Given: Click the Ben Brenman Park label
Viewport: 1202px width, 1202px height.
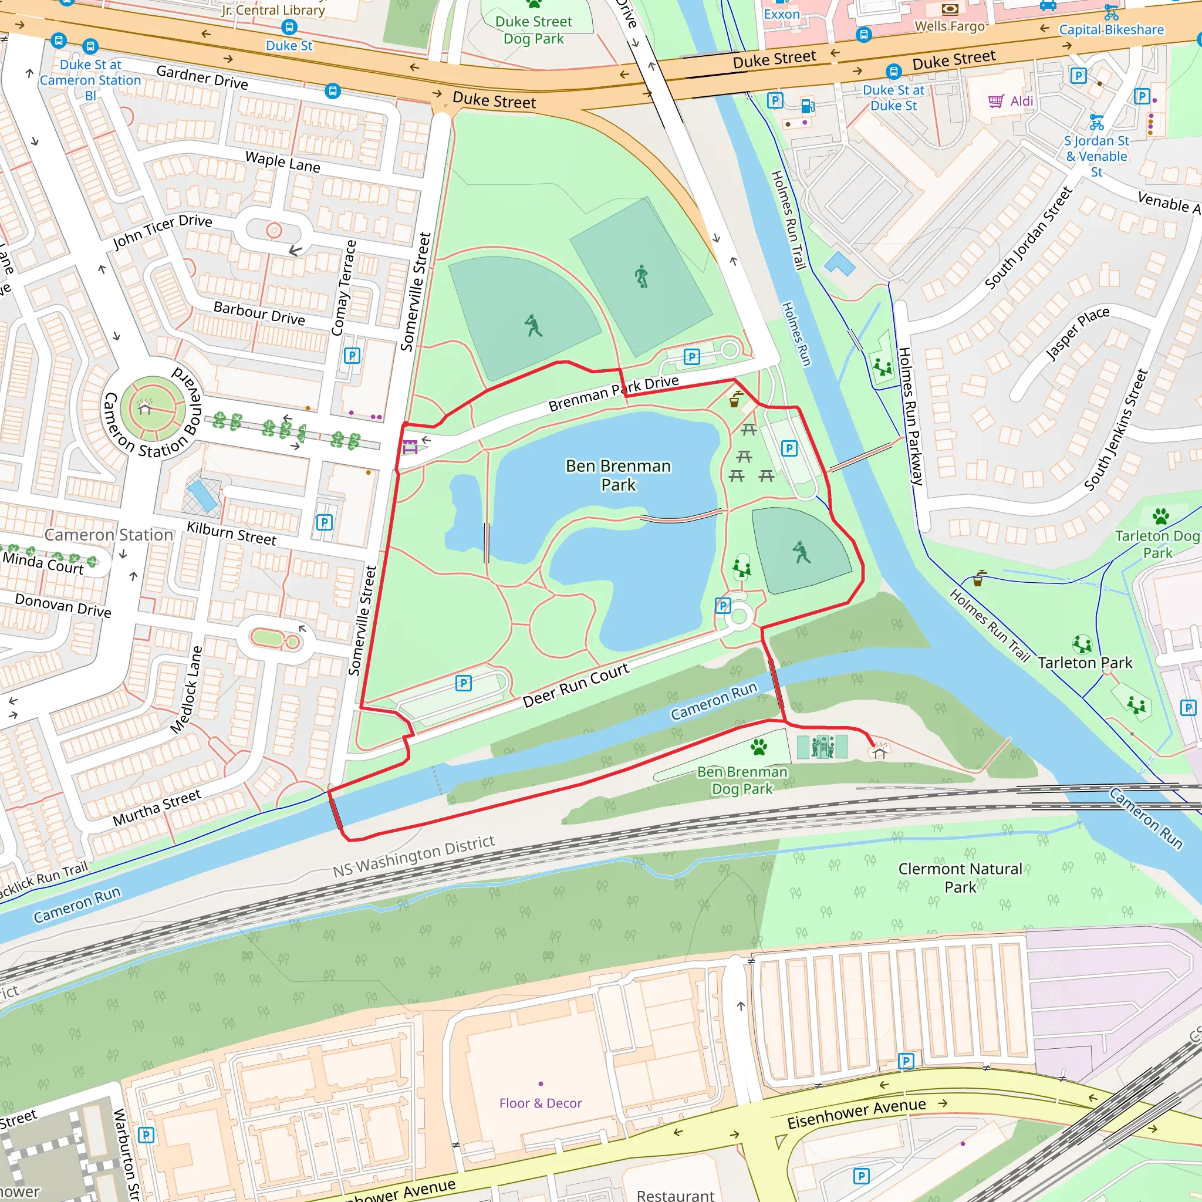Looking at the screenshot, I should pos(618,475).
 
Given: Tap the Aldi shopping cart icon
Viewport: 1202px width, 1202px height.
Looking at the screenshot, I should pos(996,101).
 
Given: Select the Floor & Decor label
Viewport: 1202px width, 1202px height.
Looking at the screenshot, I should pos(540,1103).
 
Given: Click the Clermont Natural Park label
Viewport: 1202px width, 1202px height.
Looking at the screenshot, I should pos(960,877).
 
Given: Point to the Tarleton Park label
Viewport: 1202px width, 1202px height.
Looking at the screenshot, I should pos(1085,663).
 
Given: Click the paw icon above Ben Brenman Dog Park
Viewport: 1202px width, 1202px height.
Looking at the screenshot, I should pos(758,747).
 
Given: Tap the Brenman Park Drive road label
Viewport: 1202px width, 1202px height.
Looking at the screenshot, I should pos(613,393).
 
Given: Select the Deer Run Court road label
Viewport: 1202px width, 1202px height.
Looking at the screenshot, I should pos(576,686).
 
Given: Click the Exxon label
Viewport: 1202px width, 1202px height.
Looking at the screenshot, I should pos(781,13).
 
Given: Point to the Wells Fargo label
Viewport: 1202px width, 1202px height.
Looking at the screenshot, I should pos(950,26).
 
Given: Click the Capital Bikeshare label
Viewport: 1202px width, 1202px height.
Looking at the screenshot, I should pos(1111,29).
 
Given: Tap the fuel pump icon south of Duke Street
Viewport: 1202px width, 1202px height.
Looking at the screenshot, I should pos(808,106).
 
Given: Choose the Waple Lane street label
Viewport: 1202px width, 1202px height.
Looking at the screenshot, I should pos(282,162).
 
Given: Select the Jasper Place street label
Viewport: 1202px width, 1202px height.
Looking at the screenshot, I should pos(1078,333).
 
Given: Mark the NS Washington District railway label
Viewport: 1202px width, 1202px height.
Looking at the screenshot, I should pos(414,856).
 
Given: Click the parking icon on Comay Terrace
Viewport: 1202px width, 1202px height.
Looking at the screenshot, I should pos(352,356).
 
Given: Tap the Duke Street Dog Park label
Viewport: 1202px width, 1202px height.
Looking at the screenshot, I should pos(533,30).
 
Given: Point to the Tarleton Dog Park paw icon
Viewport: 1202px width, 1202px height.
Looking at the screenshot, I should pos(1160,516).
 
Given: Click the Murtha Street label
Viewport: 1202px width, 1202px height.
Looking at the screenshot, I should pos(157,808).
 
